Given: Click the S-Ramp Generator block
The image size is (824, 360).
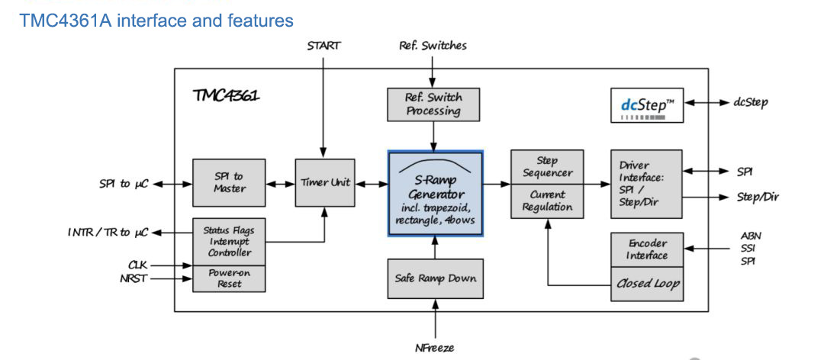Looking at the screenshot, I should click(x=436, y=194).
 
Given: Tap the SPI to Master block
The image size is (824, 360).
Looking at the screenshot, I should click(x=229, y=182).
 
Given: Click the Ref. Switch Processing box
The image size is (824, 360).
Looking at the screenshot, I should click(x=433, y=104).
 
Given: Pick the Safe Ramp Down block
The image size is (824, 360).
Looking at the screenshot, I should click(x=435, y=278).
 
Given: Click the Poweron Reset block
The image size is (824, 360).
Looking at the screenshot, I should click(x=229, y=278).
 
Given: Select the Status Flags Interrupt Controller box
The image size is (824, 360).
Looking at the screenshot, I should click(x=229, y=241).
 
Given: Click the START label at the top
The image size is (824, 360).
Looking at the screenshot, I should click(x=323, y=45).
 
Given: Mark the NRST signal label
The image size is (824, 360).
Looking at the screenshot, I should click(x=135, y=279).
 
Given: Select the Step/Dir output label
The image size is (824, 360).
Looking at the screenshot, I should click(x=758, y=197).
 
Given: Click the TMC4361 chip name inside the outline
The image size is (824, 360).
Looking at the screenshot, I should click(x=226, y=97).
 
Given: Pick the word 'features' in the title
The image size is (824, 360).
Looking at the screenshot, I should click(x=260, y=20).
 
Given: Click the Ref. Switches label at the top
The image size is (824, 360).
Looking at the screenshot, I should click(x=433, y=45).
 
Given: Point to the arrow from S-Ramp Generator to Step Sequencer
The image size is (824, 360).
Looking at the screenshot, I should click(x=497, y=184).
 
